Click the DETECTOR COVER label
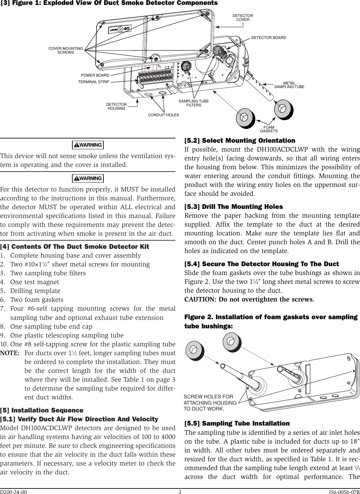[x=243, y=18]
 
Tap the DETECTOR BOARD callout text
[x=268, y=38]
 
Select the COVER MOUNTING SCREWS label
[x=65, y=50]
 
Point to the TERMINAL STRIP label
[x=93, y=82]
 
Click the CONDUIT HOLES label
[x=163, y=115]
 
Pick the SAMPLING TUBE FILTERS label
[x=193, y=103]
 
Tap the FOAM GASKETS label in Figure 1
[x=268, y=129]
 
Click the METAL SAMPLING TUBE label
[x=289, y=85]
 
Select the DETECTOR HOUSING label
[x=117, y=106]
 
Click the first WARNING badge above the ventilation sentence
[x=87, y=145]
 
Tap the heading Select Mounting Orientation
[x=240, y=140]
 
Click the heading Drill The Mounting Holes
[x=234, y=207]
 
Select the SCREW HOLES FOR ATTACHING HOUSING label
[x=210, y=403]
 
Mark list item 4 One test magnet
[x=34, y=282]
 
